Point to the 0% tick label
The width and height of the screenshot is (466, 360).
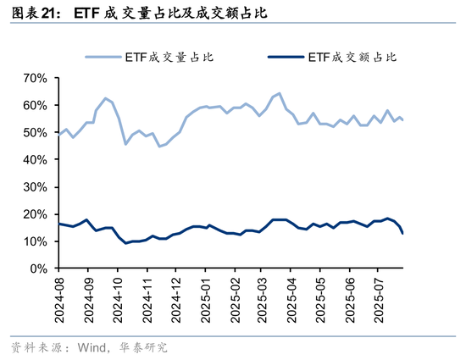pos(38,269)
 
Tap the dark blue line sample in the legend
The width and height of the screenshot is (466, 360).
pos(286,57)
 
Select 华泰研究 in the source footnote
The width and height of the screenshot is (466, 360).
pos(146,347)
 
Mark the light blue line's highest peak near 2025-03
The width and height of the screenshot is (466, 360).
pos(279,93)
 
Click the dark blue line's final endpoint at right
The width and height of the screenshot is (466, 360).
pos(402,233)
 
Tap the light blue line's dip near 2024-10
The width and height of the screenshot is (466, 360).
pos(126,144)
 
